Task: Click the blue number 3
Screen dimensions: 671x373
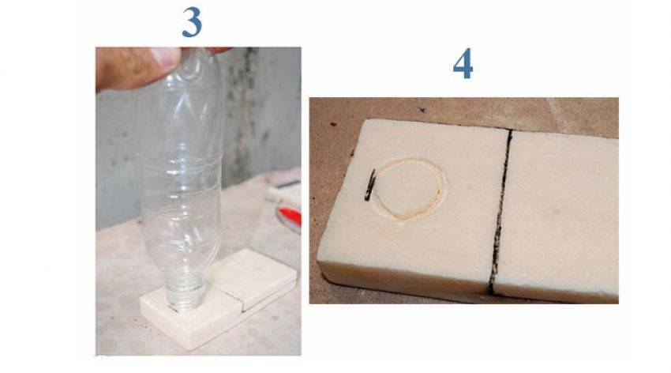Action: (x=192, y=22)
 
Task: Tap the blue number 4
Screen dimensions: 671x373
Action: (x=463, y=63)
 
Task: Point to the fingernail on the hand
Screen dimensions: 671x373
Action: (x=166, y=55)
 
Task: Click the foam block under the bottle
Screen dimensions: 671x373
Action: (x=218, y=300)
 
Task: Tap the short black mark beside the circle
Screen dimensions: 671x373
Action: (x=369, y=186)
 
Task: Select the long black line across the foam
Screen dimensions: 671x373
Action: (x=500, y=212)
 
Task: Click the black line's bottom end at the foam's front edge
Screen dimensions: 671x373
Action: (x=491, y=294)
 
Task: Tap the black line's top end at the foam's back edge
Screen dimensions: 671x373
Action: (x=511, y=130)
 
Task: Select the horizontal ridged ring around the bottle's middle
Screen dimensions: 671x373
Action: (x=181, y=165)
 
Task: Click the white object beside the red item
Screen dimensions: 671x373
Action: (x=283, y=193)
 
